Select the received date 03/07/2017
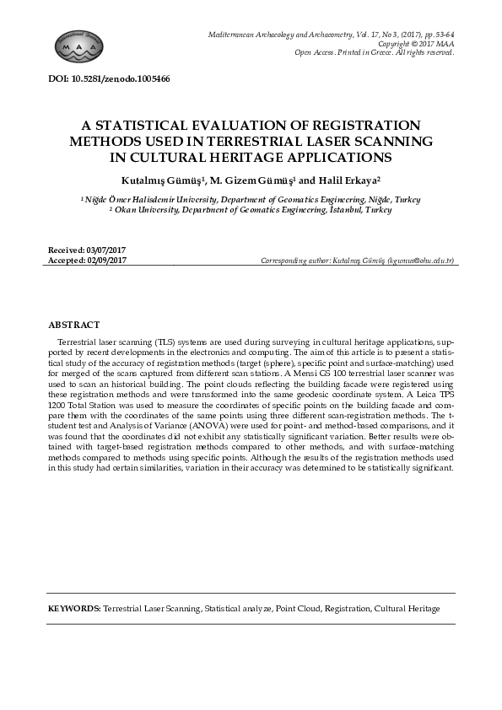point(107,251)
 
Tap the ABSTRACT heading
point(74,324)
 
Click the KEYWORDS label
point(74,608)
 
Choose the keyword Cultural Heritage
point(407,608)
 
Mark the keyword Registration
point(348,608)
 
